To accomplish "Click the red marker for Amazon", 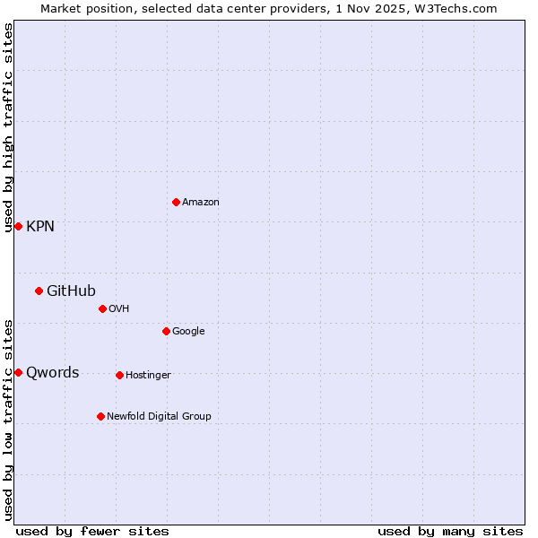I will tap(176, 202).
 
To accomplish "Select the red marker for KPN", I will tap(18, 226).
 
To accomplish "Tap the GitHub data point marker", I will tap(39, 291).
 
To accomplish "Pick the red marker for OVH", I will tap(102, 308).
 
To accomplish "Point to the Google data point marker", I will tap(166, 331).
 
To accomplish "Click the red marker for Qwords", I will tap(18, 372).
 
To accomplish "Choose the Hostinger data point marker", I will tap(119, 375).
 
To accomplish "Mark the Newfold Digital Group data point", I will tap(100, 416).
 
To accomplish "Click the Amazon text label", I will tap(201, 203).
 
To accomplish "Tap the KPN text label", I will tap(40, 227).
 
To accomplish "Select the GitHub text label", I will tap(71, 291).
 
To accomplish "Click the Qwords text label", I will tap(52, 373).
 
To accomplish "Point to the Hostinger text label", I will tap(148, 375).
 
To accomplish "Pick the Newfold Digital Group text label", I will tap(159, 416).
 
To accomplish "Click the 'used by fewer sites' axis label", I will tap(92, 531).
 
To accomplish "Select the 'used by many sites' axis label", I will tap(450, 531).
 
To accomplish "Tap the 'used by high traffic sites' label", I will tap(8, 127).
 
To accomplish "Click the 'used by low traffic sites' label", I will tap(8, 420).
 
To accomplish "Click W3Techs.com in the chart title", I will tap(460, 8).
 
